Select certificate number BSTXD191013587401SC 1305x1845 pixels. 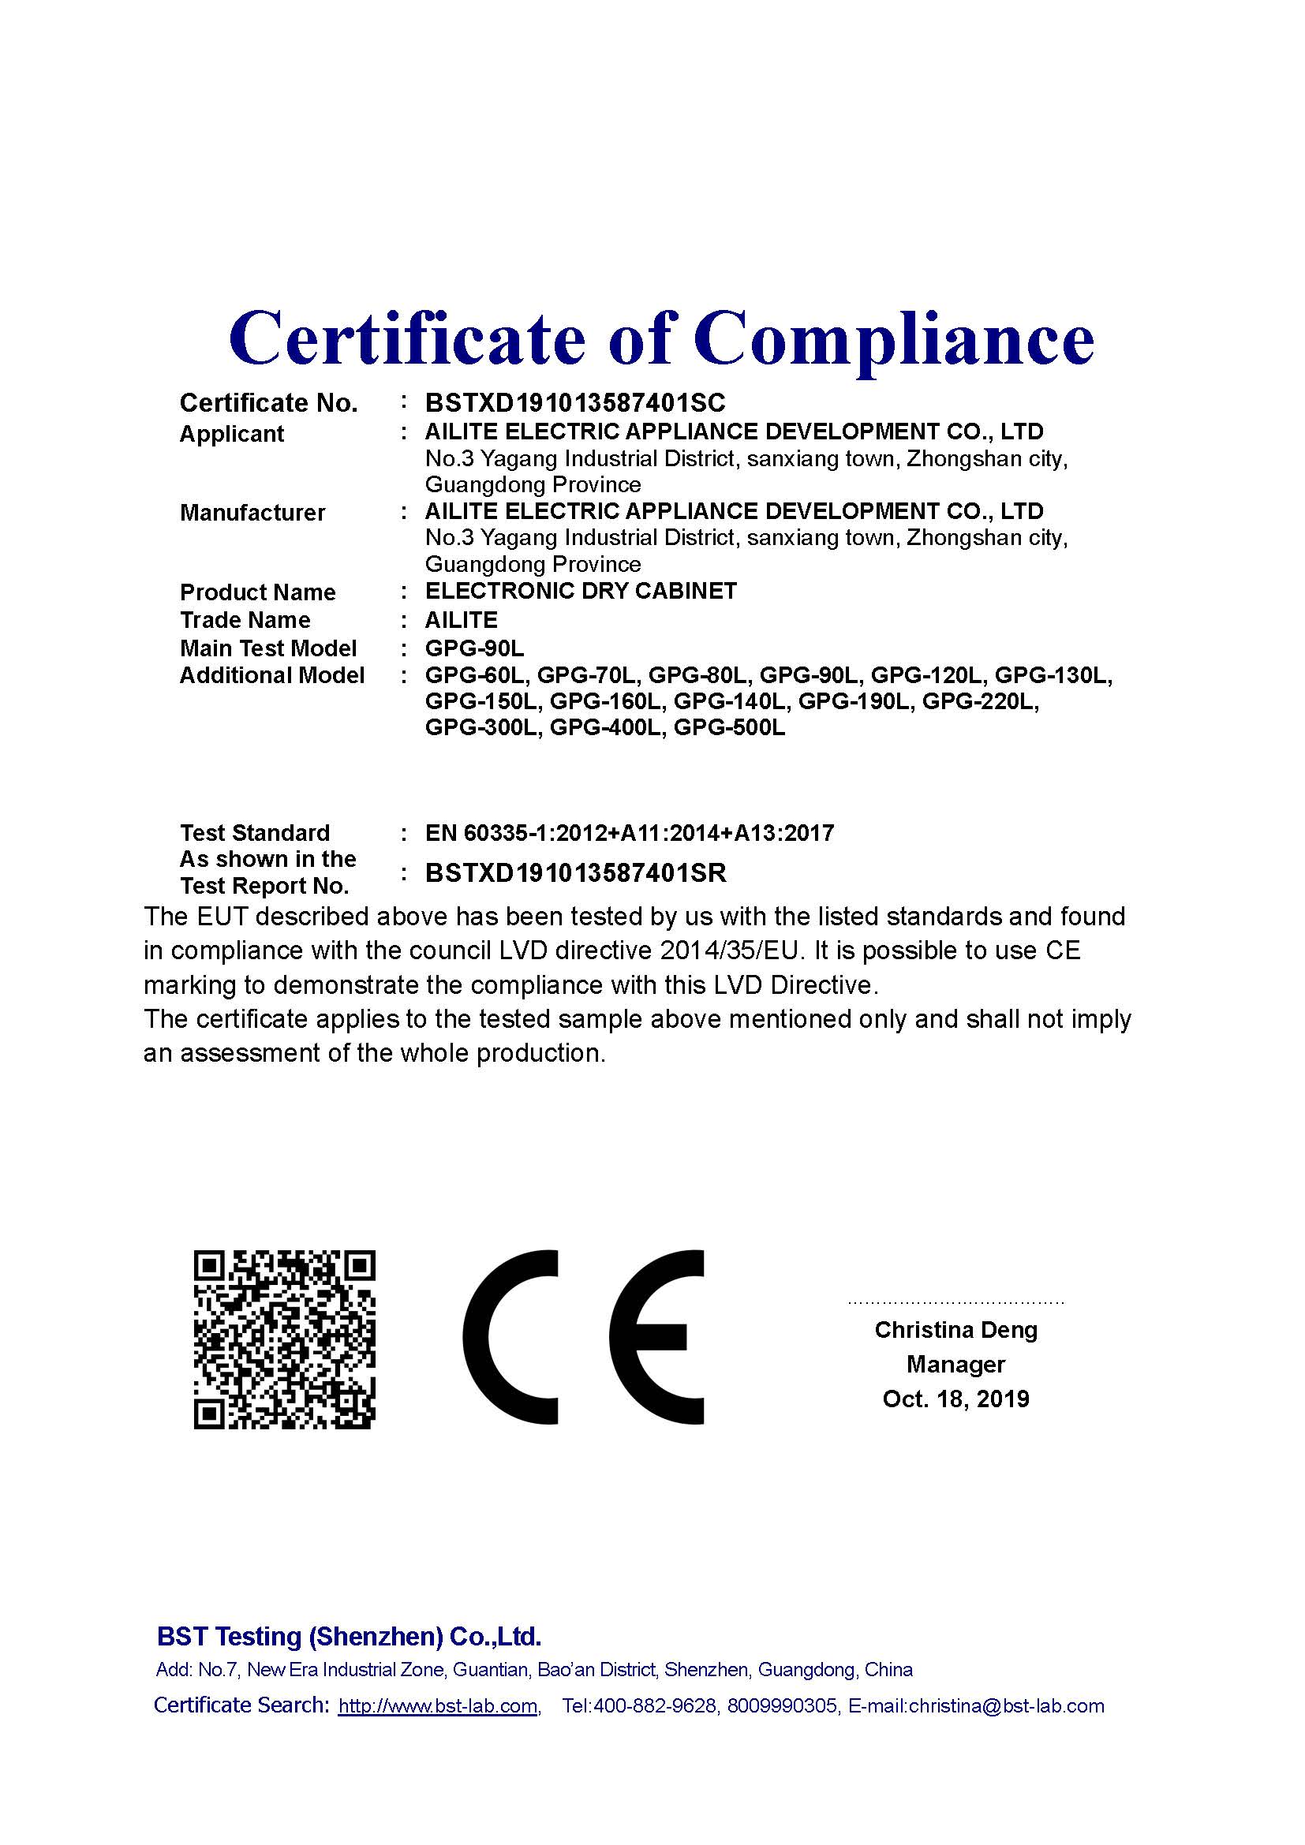[x=574, y=402]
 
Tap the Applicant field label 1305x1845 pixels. [x=231, y=434]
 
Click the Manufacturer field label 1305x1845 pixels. [x=252, y=513]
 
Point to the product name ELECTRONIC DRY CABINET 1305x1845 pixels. [x=580, y=592]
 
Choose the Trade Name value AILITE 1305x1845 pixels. [x=462, y=620]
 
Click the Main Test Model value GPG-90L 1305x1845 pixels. [x=474, y=648]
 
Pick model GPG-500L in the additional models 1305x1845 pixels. [x=729, y=729]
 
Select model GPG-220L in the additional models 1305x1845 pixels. [x=980, y=702]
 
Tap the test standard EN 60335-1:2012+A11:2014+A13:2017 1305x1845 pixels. [x=629, y=833]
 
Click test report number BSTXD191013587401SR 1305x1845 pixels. [x=575, y=873]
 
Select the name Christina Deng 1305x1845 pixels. [x=955, y=1330]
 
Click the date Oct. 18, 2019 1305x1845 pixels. [x=955, y=1399]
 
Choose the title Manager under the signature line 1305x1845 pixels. [x=955, y=1365]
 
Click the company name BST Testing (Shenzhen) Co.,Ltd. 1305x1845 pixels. [x=349, y=1637]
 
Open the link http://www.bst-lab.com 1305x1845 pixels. [x=438, y=1706]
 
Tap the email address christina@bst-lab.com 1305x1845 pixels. [x=1006, y=1706]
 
